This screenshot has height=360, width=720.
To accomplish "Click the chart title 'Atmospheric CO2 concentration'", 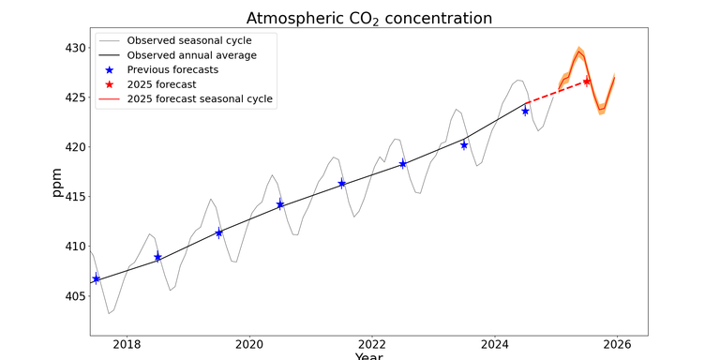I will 368,19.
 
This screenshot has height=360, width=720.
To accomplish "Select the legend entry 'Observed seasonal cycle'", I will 202,40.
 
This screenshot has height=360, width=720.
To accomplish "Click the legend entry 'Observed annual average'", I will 204,55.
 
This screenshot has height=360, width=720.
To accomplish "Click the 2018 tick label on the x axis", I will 127,344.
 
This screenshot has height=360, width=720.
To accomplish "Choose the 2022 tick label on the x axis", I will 372,344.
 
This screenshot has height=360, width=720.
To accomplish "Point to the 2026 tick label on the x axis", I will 617,344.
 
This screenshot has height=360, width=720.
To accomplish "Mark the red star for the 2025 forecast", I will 587,82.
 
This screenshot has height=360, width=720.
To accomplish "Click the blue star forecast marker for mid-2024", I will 526,111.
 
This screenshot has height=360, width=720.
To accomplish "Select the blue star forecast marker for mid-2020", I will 280,204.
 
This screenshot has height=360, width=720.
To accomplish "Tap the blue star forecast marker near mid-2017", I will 96,278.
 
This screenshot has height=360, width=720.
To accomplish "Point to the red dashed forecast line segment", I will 558,92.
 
